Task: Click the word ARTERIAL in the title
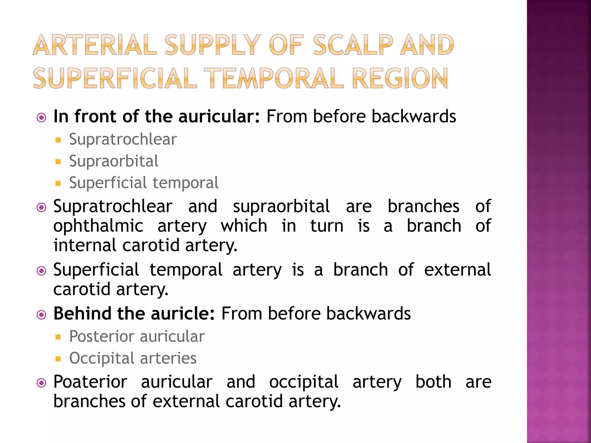pos(95,45)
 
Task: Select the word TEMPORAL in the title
pos(276,78)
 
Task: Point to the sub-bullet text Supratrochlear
pos(123,140)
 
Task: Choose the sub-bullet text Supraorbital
pos(114,161)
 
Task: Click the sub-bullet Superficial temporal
pos(144,183)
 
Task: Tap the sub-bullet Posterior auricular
pos(137,337)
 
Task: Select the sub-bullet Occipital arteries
pos(133,358)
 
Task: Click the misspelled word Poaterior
pos(90,382)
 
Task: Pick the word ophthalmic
pos(98,226)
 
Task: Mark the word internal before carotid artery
pos(85,245)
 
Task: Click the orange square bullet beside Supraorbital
pos(58,162)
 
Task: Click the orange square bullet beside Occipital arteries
pos(58,359)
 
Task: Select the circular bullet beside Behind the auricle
pos(42,315)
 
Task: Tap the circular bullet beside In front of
pos(42,118)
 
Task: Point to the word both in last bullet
pos(433,382)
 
